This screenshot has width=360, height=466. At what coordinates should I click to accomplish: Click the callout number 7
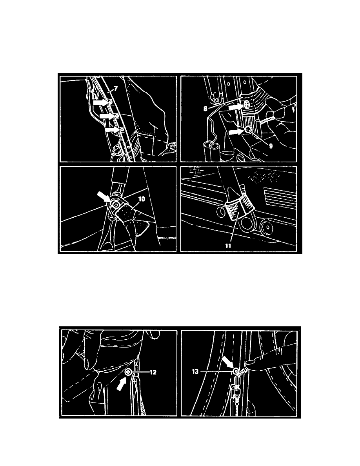pos(116,89)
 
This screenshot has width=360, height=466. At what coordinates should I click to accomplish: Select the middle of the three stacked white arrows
pos(107,116)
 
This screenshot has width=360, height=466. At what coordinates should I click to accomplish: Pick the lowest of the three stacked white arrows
pos(113,129)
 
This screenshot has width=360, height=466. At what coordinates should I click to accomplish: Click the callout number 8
pos(205,109)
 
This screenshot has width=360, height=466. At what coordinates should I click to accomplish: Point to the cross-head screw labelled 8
pos(247,104)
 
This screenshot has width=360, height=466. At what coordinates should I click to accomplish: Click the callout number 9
pos(271,146)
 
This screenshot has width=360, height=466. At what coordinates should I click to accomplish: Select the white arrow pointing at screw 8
pos(236,107)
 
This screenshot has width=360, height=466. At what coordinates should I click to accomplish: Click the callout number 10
pos(142,198)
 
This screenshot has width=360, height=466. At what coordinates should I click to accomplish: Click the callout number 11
pos(228,246)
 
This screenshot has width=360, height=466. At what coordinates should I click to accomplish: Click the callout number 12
pos(153,372)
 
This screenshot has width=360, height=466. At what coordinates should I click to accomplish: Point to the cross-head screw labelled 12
pos(129,371)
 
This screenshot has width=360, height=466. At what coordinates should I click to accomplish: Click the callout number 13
pos(195,371)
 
